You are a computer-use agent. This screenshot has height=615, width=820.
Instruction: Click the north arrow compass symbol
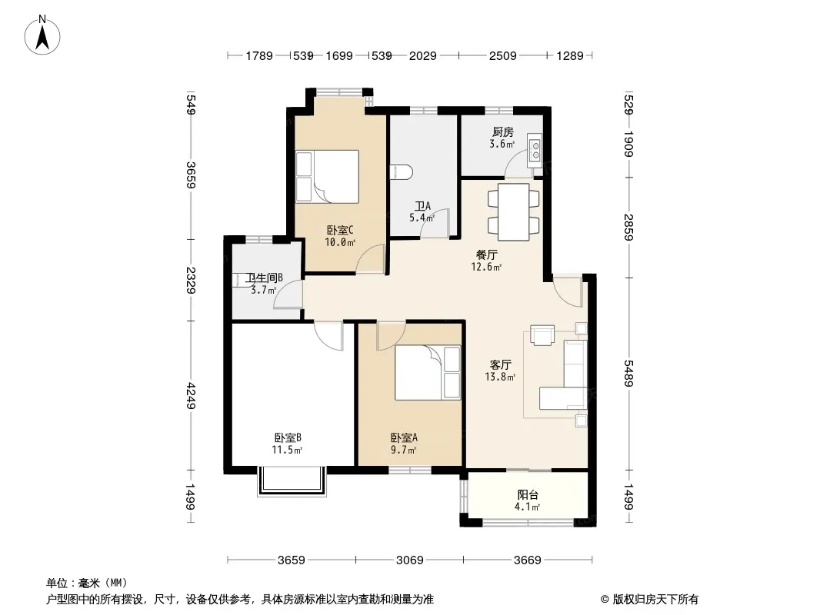click(x=42, y=35)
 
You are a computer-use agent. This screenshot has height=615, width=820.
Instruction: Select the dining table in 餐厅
click(x=514, y=211)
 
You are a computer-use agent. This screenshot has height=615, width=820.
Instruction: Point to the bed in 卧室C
click(x=328, y=177)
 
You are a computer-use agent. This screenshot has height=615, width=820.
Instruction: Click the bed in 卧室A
click(x=428, y=373)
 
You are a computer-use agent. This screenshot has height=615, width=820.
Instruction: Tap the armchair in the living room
click(x=542, y=335)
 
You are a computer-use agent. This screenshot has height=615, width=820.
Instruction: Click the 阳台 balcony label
click(x=528, y=494)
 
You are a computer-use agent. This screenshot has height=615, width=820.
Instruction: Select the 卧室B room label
click(x=288, y=437)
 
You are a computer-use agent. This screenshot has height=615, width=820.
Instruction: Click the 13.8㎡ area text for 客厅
click(x=500, y=377)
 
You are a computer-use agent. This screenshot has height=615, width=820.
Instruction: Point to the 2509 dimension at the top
click(x=502, y=55)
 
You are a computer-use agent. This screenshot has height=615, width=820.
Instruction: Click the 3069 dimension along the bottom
click(x=409, y=560)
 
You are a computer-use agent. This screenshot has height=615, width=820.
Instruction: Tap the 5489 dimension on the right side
click(x=628, y=374)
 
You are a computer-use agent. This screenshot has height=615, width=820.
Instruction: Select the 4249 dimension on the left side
click(x=191, y=396)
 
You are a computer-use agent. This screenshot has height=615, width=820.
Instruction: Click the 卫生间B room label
click(x=265, y=278)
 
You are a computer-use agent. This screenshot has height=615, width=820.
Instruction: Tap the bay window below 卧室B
click(x=292, y=480)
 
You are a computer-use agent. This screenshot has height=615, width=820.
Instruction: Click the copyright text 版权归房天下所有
click(x=655, y=600)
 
